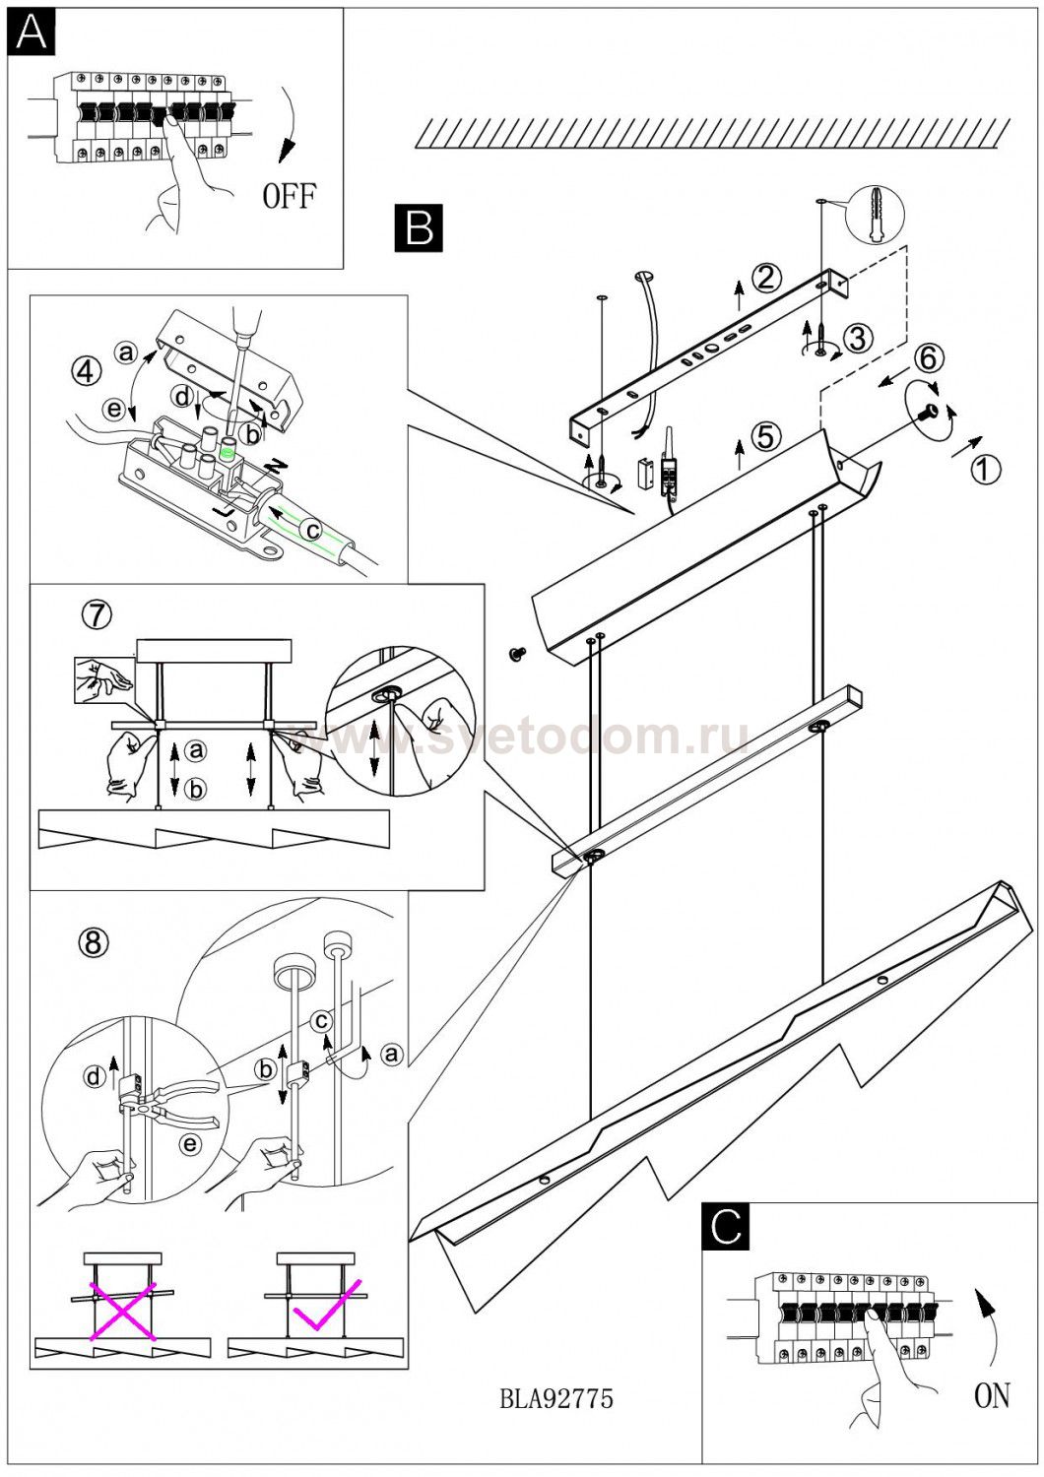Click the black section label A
point(31,32)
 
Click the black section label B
point(419,228)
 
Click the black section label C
point(726,1227)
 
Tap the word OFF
point(290,196)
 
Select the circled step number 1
point(985,470)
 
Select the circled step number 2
point(765,279)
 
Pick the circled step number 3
point(857,339)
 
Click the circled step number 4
point(87,372)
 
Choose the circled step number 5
point(765,437)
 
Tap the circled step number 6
point(927,358)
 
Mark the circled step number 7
point(97,614)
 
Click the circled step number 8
point(93,943)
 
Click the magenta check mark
point(326,1305)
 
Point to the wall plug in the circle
point(875,216)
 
